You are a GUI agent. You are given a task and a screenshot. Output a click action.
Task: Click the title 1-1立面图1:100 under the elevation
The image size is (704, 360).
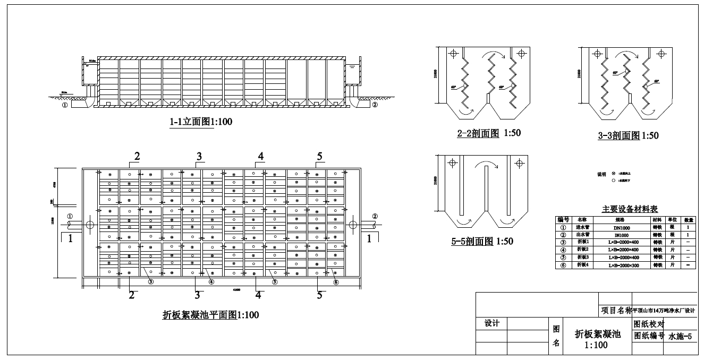[x=201, y=122]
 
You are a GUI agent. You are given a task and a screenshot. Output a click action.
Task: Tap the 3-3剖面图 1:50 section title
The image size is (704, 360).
[x=628, y=135]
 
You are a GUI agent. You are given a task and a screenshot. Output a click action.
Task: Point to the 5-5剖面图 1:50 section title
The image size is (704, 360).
[x=482, y=241]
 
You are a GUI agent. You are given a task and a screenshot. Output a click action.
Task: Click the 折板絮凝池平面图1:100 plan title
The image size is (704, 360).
[x=210, y=315]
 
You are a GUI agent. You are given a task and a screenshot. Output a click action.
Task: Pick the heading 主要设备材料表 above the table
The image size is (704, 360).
[x=630, y=209]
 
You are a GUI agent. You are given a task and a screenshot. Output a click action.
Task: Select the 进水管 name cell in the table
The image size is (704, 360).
[x=582, y=227]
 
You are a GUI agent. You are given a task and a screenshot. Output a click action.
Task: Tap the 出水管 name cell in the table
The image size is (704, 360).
[x=582, y=234]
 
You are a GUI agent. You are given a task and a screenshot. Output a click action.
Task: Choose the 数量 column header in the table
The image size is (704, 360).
[x=689, y=219]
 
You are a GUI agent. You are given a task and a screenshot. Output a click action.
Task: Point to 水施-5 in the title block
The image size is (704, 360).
[x=682, y=336]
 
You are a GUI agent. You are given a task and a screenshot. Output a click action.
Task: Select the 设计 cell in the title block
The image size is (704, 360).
[x=492, y=323]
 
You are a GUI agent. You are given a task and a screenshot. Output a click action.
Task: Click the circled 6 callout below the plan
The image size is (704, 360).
[x=335, y=282]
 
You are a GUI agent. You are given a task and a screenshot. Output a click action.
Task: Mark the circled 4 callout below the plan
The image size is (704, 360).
[x=211, y=282]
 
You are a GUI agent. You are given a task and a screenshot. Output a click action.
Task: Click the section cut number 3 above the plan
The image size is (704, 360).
[x=199, y=156]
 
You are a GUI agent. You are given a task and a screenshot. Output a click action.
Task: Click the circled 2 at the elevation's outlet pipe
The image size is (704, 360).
[x=375, y=105]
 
